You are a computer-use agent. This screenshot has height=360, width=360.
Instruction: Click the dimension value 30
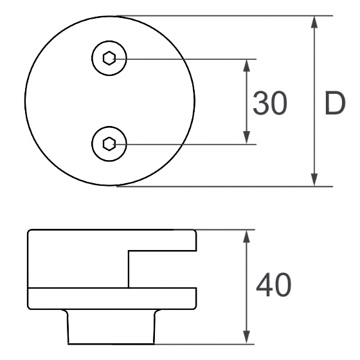tap(270, 103)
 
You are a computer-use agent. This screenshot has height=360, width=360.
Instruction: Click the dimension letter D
tap(335, 103)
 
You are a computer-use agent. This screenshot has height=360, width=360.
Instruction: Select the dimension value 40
tap(273, 285)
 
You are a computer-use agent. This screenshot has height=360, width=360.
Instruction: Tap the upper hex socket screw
tap(109, 58)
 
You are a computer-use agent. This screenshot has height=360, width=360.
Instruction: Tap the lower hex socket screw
tap(109, 144)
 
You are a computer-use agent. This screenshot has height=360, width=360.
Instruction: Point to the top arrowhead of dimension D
tap(314, 22)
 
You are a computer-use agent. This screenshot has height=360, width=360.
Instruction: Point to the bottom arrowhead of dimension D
tap(314, 180)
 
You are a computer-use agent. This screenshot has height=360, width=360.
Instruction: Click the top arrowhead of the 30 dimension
tap(246, 66)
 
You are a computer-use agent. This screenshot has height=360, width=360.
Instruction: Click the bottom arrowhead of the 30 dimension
tap(246, 138)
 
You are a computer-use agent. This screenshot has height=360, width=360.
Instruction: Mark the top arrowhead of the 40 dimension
tap(246, 236)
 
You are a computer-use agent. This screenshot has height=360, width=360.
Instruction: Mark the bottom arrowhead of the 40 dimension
tap(246, 337)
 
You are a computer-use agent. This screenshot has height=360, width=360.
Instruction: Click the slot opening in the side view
tap(162, 269)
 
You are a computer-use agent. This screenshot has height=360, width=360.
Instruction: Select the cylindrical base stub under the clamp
tap(111, 327)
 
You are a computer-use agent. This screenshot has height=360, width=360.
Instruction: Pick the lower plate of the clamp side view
tap(112, 298)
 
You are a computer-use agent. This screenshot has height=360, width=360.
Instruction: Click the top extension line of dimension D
tap(225, 16)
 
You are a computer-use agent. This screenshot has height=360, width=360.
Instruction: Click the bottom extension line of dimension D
tap(225, 186)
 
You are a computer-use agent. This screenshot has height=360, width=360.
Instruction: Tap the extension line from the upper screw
tap(185, 59)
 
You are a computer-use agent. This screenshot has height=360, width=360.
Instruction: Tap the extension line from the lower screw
tap(185, 145)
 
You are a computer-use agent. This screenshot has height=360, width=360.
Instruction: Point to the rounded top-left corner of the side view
tap(29, 231)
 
